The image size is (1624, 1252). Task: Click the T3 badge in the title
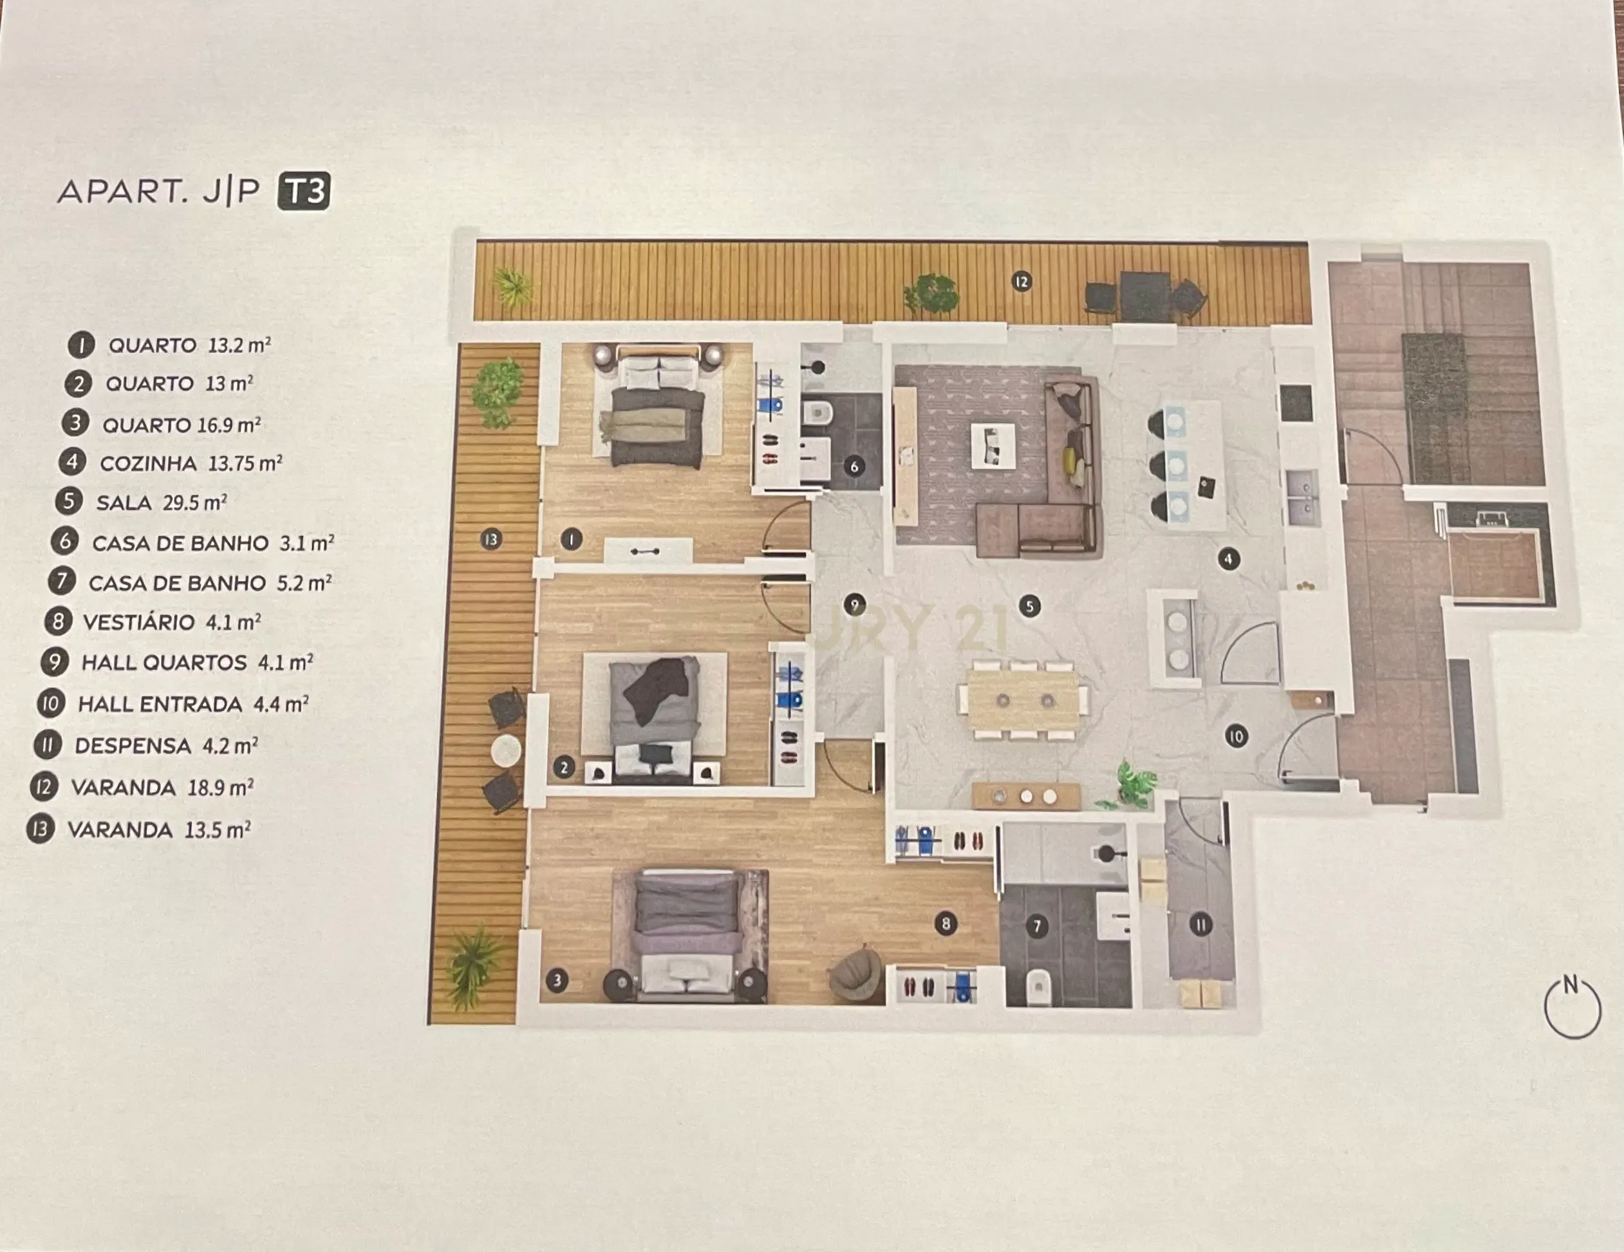(303, 192)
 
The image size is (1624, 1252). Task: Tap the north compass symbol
(1571, 1007)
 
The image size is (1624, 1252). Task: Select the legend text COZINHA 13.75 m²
(191, 464)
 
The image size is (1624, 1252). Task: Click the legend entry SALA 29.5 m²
(162, 503)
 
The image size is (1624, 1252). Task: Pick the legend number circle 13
(41, 829)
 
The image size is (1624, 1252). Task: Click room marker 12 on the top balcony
(1022, 281)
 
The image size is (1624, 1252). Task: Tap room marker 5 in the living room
(1029, 606)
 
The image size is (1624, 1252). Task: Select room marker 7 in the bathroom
(1036, 926)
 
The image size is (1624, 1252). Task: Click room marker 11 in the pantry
(1201, 925)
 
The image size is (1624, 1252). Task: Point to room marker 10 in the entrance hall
(1236, 737)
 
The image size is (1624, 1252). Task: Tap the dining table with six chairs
(1023, 701)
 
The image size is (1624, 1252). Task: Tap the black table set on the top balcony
(1145, 296)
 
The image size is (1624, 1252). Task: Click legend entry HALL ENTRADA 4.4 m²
(192, 704)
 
